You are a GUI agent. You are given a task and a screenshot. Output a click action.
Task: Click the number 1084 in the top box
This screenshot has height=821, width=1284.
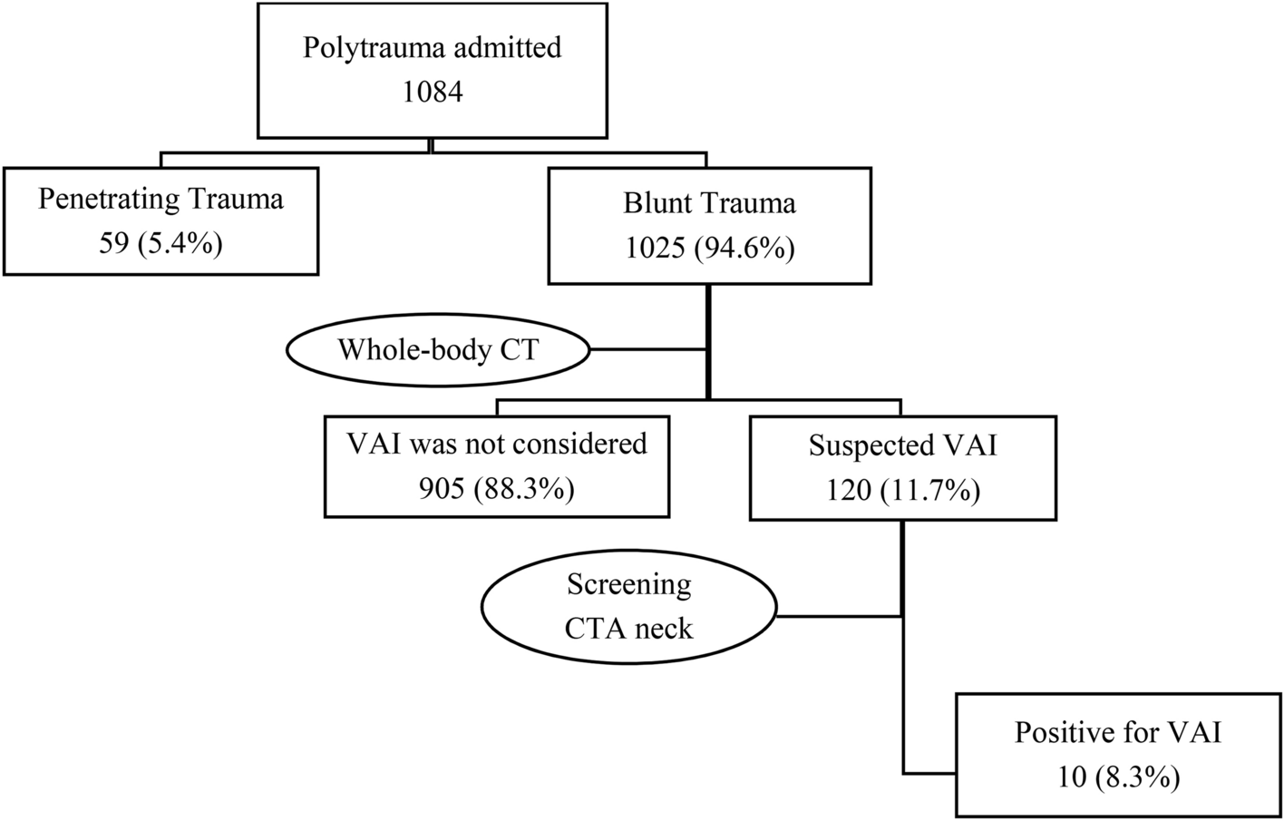click(x=433, y=92)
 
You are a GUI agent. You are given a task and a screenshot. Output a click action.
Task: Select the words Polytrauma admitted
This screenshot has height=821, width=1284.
click(x=433, y=47)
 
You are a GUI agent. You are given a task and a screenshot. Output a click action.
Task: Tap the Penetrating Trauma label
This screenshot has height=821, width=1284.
click(x=160, y=199)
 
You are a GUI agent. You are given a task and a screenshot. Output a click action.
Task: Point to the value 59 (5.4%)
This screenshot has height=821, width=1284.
click(x=160, y=243)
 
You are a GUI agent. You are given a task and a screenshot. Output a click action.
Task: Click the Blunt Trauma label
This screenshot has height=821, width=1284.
click(x=709, y=202)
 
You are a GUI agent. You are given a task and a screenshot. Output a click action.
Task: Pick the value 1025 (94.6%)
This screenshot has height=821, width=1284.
click(x=709, y=247)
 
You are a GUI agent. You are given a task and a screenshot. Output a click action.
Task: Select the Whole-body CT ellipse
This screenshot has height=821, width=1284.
click(x=438, y=350)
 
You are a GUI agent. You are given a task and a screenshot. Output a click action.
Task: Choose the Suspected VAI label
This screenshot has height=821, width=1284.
click(x=902, y=445)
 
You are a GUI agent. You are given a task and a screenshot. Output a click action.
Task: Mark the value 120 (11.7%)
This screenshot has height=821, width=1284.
click(x=902, y=491)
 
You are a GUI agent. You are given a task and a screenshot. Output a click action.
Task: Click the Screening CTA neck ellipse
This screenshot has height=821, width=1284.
click(x=628, y=606)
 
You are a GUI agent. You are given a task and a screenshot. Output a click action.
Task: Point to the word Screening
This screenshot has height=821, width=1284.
click(x=628, y=584)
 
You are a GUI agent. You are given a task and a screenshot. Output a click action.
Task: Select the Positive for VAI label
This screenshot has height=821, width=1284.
click(x=1117, y=732)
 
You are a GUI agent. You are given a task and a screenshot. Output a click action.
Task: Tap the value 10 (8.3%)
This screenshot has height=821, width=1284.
click(x=1117, y=777)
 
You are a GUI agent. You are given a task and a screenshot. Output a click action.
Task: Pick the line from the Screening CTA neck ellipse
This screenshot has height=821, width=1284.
click(x=839, y=617)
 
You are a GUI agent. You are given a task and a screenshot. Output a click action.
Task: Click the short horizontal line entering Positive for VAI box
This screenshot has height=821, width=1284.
click(x=929, y=774)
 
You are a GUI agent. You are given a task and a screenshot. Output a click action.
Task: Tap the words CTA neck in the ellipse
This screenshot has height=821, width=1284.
click(x=628, y=628)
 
